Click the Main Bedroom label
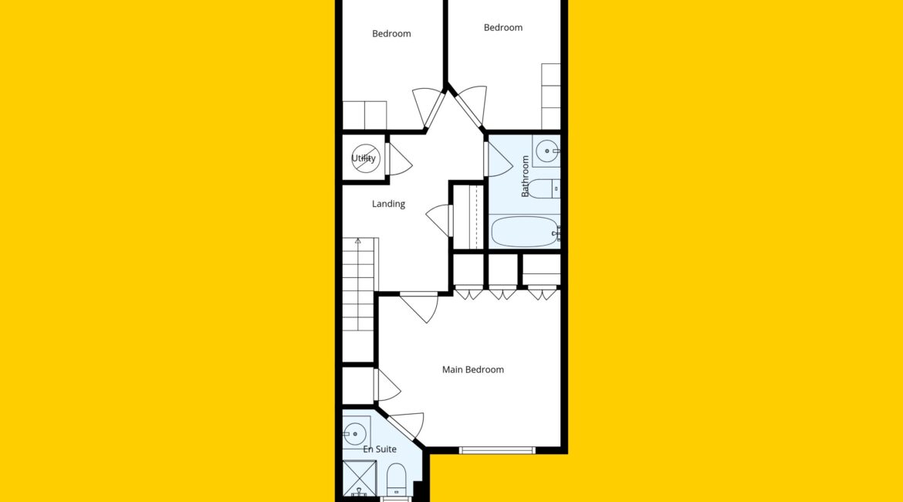click(473, 369)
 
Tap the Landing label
click(388, 204)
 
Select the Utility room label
click(364, 158)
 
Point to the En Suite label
click(380, 449)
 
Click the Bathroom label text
click(525, 176)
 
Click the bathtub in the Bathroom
click(525, 232)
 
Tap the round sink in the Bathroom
click(546, 151)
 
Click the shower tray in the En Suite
click(360, 478)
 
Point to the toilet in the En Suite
click(396, 480)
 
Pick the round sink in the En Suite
click(356, 432)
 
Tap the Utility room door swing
click(401, 160)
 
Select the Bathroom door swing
click(499, 160)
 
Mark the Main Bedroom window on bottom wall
click(497, 450)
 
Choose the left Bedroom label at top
click(391, 34)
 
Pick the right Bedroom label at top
click(502, 28)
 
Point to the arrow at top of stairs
click(357, 241)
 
